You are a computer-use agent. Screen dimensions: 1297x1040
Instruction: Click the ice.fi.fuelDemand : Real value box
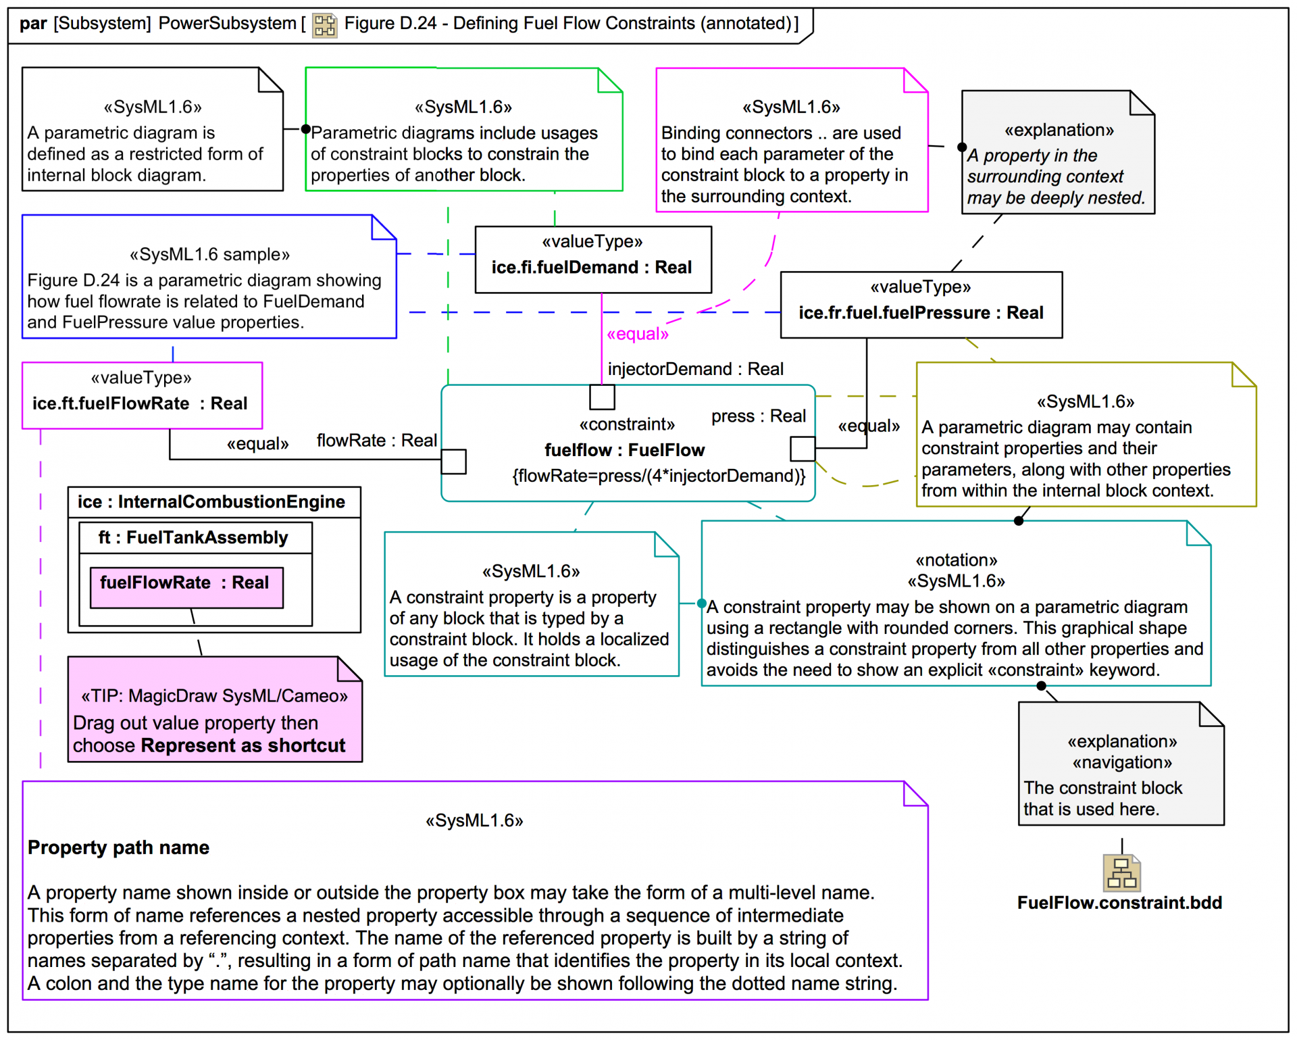coord(593,259)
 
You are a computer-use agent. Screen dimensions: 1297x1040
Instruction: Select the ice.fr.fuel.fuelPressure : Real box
coord(921,305)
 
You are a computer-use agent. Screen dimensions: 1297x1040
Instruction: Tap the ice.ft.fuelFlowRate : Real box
coord(142,395)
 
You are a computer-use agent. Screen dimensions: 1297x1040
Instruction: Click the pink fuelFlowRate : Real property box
coord(186,587)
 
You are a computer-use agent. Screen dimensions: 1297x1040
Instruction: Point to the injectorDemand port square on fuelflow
coord(602,397)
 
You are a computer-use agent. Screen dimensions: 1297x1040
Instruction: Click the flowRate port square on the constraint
coord(453,462)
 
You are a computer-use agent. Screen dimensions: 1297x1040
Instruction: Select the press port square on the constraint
coord(803,449)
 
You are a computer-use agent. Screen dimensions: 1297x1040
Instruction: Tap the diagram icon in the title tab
coord(324,25)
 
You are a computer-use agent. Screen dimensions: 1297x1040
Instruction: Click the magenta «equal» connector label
coord(638,334)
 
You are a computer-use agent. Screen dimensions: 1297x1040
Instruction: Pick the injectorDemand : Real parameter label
coord(695,369)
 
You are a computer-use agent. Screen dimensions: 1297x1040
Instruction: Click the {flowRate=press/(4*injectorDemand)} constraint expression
coord(659,476)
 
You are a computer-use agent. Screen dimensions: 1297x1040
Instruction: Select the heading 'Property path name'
coord(118,847)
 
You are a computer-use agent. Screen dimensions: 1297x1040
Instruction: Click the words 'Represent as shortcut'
coord(243,745)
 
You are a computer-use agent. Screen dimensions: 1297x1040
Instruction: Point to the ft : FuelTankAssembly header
coord(194,537)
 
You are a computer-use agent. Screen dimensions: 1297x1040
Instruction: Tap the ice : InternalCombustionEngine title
coord(211,501)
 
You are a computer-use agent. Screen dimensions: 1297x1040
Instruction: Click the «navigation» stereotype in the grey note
coord(1122,762)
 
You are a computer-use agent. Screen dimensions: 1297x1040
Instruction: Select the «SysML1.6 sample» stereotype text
coord(209,254)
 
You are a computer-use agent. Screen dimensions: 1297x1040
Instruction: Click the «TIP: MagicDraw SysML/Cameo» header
coord(214,696)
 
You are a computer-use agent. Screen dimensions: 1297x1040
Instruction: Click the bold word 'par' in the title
coord(33,24)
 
